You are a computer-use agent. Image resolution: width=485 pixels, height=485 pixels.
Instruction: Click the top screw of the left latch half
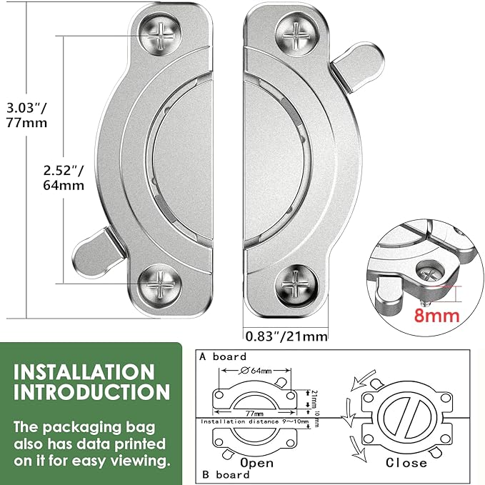point(160,34)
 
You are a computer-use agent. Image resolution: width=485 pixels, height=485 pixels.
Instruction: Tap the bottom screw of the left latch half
point(160,286)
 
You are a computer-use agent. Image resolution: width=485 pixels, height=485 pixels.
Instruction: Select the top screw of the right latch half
point(297,35)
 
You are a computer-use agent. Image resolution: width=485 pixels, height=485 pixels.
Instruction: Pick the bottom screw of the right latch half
point(297,286)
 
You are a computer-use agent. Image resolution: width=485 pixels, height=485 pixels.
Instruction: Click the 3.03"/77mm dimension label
point(27,115)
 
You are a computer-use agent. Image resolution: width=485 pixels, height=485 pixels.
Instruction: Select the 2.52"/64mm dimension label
point(64,178)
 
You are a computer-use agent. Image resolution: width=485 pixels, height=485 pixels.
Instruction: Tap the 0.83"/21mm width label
point(286,336)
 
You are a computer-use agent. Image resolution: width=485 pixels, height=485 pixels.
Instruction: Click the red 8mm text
point(436,316)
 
